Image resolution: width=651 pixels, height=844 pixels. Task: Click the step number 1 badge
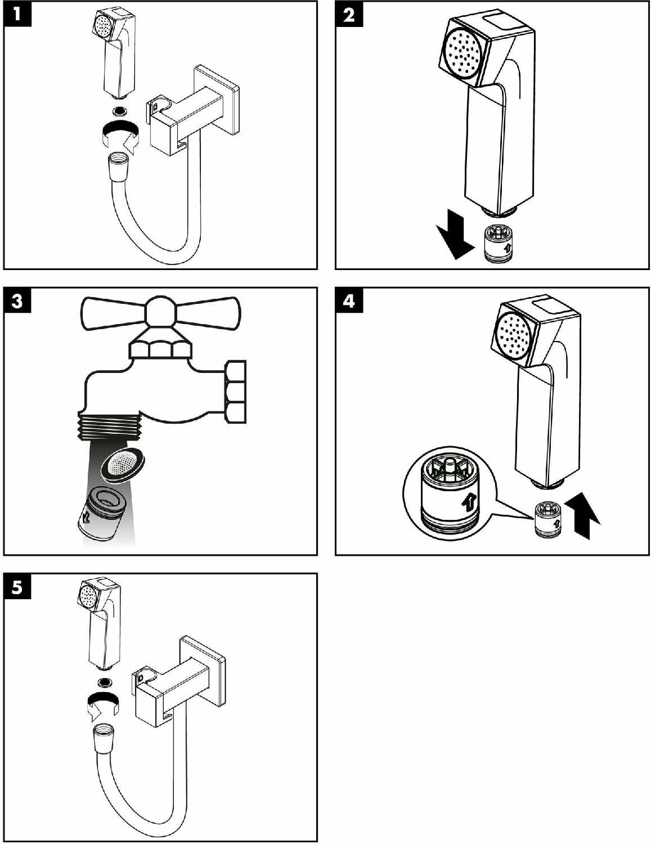(17, 14)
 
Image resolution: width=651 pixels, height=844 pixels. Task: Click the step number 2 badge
(349, 14)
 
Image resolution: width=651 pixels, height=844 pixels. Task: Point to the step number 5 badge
(17, 587)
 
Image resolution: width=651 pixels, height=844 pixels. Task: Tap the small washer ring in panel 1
(119, 110)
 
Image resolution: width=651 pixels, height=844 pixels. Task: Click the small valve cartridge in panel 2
(499, 244)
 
